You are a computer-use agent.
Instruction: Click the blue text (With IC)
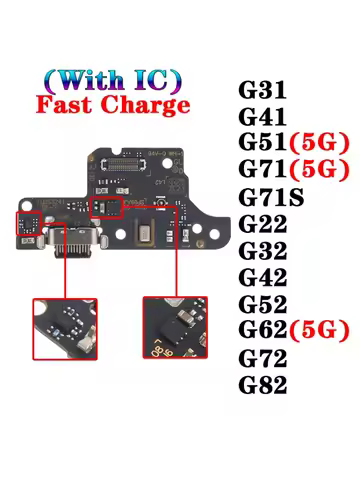click(114, 78)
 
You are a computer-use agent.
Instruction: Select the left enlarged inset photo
click(66, 327)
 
